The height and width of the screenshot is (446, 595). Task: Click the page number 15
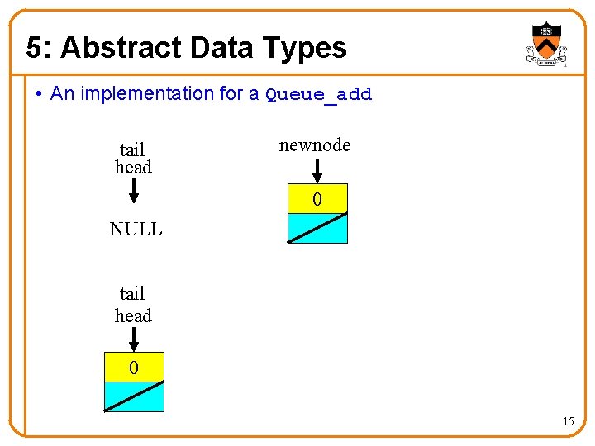coord(568,422)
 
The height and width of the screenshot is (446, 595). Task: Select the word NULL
coord(136,230)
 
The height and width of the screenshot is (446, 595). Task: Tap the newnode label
coord(315,145)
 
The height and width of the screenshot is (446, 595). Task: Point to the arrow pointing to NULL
coord(134,192)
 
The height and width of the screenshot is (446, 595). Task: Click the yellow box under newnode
coord(317,200)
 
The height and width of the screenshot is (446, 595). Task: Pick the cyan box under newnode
coord(317,228)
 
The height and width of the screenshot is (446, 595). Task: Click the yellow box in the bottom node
coord(134,368)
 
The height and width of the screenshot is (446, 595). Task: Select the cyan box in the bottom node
coord(134,396)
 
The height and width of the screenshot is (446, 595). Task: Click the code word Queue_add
coord(318,95)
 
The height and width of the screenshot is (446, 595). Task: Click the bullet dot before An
coord(40,94)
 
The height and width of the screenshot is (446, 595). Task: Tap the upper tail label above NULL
coord(132,150)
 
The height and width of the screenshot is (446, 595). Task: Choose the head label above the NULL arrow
coord(133,168)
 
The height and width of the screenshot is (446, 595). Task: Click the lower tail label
coord(132,294)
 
